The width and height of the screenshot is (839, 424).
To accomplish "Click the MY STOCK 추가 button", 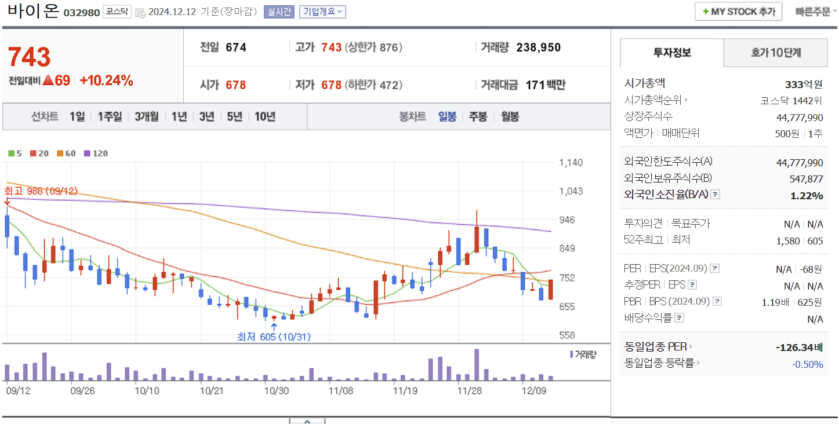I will [x=738, y=12].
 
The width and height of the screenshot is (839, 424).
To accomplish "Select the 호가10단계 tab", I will [x=776, y=53].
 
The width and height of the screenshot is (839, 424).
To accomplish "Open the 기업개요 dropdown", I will [x=322, y=12].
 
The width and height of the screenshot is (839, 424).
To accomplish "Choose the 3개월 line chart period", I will [x=146, y=116].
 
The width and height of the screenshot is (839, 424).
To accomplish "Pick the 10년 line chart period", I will [x=265, y=116].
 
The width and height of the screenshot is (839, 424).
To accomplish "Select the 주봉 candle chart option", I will [x=478, y=116].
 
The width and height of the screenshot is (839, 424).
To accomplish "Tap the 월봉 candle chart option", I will [x=510, y=116].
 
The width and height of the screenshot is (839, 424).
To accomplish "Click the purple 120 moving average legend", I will [x=96, y=153].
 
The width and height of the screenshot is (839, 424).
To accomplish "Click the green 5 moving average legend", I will [x=15, y=153].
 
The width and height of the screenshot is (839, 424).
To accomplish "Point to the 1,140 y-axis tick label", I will [x=571, y=163].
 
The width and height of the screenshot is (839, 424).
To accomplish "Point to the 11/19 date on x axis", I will [x=405, y=390].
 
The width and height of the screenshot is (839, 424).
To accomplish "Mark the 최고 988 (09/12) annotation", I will [x=41, y=191].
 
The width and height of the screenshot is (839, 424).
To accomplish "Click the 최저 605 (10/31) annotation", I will [x=274, y=337].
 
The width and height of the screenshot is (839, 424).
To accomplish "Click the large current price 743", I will [x=29, y=57].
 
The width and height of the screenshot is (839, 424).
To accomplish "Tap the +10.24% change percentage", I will [x=106, y=81].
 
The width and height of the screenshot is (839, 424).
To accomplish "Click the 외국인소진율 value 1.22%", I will [x=807, y=196].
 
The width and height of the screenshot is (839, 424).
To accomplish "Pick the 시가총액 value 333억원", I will [x=804, y=84].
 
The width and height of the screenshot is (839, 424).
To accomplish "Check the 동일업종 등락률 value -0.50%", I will [x=807, y=364].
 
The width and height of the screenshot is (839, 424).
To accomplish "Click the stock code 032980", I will [x=81, y=12].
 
